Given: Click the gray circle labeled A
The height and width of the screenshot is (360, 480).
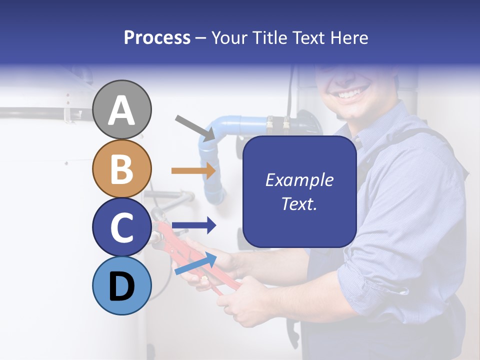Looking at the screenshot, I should click(121, 109).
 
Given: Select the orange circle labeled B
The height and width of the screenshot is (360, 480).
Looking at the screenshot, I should click(121, 168).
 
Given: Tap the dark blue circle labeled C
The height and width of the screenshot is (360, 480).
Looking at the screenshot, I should click(121, 227).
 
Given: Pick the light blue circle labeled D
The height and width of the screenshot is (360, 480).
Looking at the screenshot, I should click(121, 285).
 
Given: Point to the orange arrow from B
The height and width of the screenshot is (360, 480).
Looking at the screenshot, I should click(193, 171).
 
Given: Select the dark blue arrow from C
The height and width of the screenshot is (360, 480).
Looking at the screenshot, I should click(193, 225).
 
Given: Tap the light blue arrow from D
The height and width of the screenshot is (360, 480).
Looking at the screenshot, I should click(195, 263).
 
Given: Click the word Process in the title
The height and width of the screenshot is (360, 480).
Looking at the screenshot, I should click(157, 37).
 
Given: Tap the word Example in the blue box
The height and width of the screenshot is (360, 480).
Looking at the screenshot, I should click(299, 180).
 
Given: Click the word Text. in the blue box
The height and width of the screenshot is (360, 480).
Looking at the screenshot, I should click(299, 203).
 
